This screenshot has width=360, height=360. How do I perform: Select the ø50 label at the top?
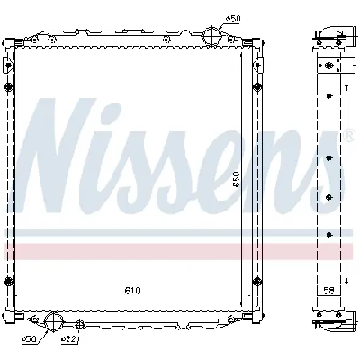pos(232,19)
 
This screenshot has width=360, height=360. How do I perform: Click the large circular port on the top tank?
pos(211,37)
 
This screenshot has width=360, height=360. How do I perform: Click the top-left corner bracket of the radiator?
pos(11,45)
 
